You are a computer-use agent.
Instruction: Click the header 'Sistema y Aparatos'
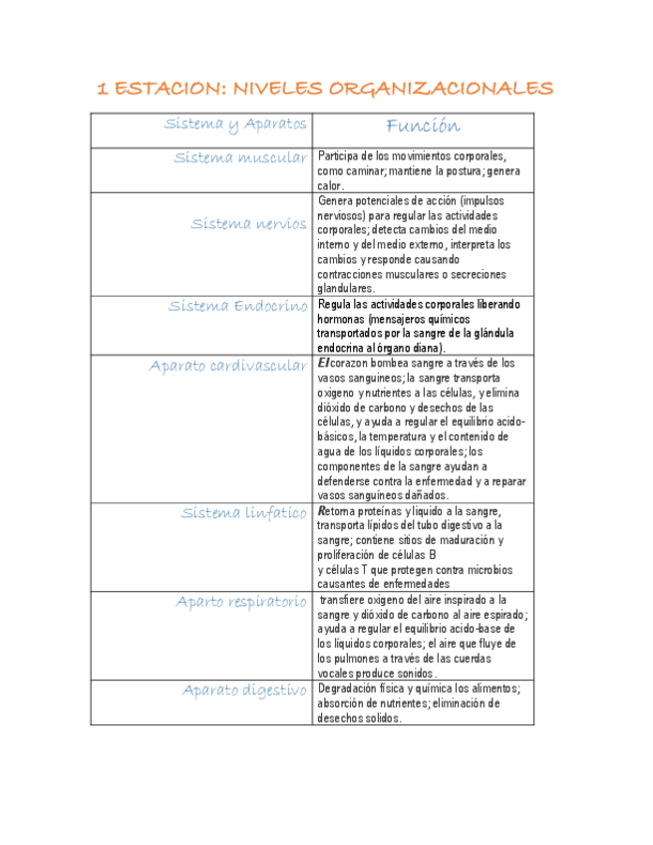point(236,125)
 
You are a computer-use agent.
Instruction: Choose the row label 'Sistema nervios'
point(249,223)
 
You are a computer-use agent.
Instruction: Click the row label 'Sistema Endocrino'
point(238,306)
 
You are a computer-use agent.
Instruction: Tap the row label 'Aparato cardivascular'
point(228,366)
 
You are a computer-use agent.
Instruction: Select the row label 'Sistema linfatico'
point(244,513)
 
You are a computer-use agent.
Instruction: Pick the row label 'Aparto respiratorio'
point(241,601)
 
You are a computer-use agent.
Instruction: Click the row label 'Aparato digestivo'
point(244,690)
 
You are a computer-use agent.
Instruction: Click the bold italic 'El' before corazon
point(323,364)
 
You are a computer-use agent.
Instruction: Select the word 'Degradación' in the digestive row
point(350,689)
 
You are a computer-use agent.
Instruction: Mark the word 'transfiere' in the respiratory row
point(346,600)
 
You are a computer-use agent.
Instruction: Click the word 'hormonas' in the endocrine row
point(341,319)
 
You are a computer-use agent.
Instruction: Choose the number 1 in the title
point(102,89)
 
